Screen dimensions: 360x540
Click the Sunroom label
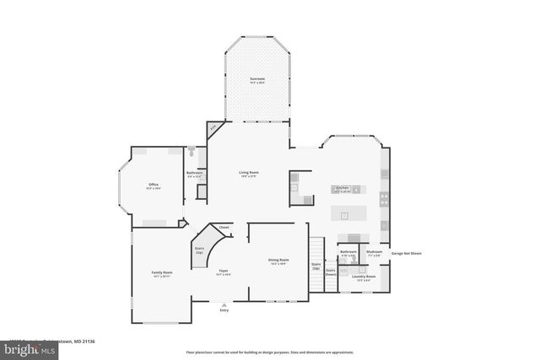click(x=256, y=81)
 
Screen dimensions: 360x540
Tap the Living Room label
click(x=249, y=174)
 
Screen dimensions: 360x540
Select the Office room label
click(x=154, y=185)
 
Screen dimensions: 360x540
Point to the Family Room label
click(x=162, y=274)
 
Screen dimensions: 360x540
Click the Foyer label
click(x=223, y=271)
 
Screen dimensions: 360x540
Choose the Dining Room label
click(x=278, y=261)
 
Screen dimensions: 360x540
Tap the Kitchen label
click(x=343, y=188)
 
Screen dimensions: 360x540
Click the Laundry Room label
click(x=364, y=277)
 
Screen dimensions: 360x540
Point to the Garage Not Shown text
click(x=407, y=252)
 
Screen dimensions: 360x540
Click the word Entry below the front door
click(x=224, y=310)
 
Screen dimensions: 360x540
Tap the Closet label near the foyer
click(x=224, y=228)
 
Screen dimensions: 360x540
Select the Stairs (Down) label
click(x=331, y=272)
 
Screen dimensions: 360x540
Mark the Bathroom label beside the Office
click(x=194, y=174)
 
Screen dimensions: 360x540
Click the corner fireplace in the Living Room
click(x=215, y=128)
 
